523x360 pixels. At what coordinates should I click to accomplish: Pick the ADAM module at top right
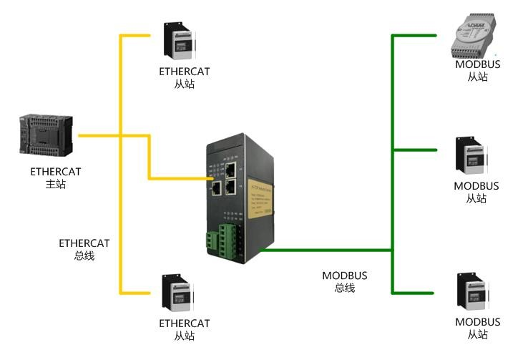(x=474, y=39)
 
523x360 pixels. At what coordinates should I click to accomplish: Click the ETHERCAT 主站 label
(x=55, y=177)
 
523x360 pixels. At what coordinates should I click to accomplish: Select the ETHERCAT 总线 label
(x=84, y=249)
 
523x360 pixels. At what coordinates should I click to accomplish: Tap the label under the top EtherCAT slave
(x=184, y=77)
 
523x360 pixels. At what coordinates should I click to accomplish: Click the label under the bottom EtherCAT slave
(x=184, y=329)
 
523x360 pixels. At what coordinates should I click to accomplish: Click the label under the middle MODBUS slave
(x=476, y=192)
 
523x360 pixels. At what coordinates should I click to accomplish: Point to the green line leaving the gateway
(x=322, y=250)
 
